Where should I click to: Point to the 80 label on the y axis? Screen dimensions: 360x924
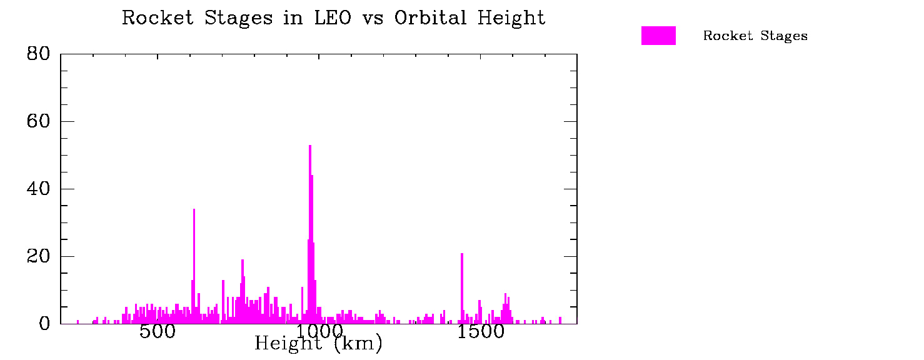pos(38,54)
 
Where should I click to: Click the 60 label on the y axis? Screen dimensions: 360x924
pos(38,121)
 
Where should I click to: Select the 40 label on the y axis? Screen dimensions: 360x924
pos(38,189)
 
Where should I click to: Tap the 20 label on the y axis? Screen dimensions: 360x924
pos(38,256)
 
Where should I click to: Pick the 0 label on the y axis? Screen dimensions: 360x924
pos(44,324)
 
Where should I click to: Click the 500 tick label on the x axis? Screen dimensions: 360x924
pos(157,332)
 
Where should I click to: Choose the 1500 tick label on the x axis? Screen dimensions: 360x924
pos(480,332)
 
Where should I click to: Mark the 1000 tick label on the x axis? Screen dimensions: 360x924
pos(319,332)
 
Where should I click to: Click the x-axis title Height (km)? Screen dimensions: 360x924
pos(318,343)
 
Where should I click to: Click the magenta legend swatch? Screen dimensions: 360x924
pos(658,36)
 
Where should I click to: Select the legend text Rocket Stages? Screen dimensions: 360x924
pos(755,36)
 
